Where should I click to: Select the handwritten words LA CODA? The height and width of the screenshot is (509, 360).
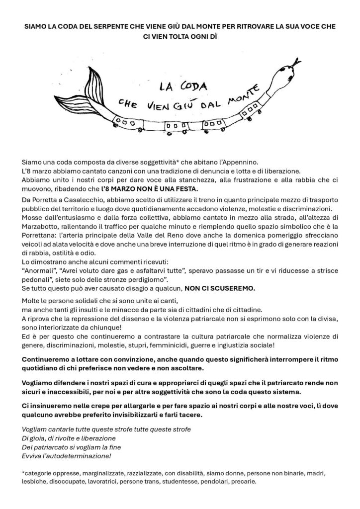point(178,85)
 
